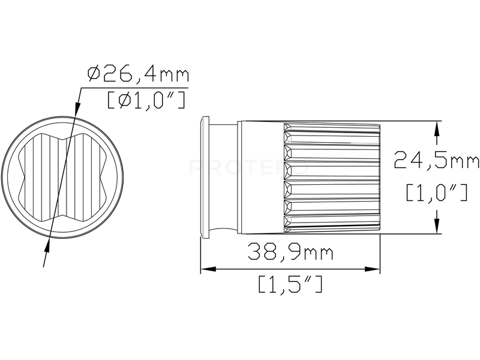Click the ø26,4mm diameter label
click(x=138, y=74)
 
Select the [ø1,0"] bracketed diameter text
click(x=146, y=100)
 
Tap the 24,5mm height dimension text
click(x=436, y=159)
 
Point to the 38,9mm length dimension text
click(x=290, y=251)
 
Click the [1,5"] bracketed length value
click(x=290, y=284)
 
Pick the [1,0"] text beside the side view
click(x=437, y=192)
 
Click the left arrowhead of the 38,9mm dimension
click(x=208, y=269)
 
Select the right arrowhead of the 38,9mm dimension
click(x=372, y=269)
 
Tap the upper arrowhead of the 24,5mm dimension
click(x=437, y=129)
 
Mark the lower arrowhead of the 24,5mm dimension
click(x=437, y=226)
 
